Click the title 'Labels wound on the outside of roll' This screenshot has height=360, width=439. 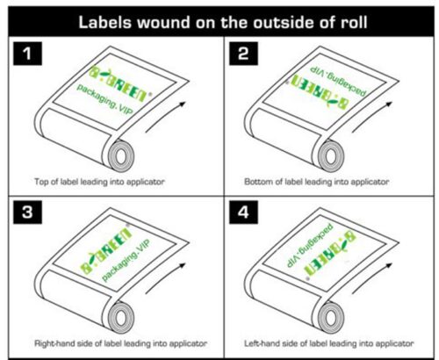(x=219, y=18)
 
